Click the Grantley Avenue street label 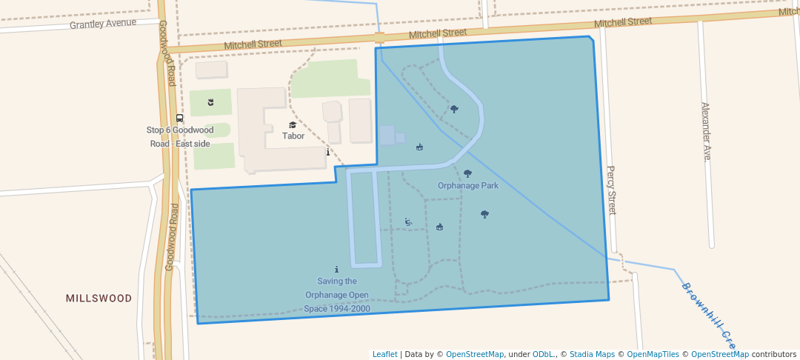[103, 24]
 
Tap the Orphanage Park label [467, 186]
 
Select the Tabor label [293, 136]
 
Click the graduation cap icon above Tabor [293, 125]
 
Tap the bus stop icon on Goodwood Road [179, 119]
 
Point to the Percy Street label [611, 190]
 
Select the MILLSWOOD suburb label [99, 299]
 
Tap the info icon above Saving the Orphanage [337, 270]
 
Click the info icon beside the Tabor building [328, 152]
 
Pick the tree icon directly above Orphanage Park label [467, 173]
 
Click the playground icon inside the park [408, 221]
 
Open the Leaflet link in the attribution [384, 354]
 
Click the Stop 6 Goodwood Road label [181, 136]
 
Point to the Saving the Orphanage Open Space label [337, 295]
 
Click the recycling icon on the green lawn [210, 101]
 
